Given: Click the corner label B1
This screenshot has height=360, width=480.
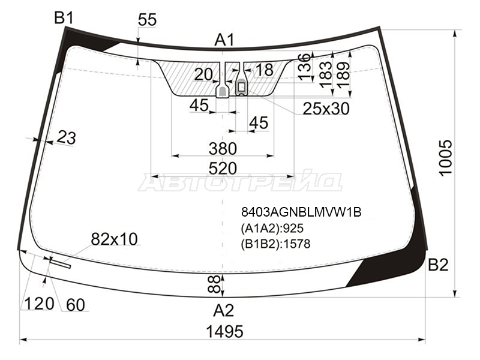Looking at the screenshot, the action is [64, 18].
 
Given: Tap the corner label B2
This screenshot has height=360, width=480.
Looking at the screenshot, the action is [438, 265].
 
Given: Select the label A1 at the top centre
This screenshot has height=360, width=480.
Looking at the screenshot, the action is [224, 40].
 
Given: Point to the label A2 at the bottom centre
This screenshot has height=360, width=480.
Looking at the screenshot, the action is [224, 310].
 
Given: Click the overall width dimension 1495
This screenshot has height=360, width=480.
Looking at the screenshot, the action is [224, 332].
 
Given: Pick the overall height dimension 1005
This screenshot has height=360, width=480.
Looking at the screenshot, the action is [446, 158].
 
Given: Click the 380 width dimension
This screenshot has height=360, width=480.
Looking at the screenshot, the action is [223, 149].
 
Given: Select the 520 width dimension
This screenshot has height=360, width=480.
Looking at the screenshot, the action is [223, 169].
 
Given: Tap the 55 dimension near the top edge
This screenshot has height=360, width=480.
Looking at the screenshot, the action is [147, 20].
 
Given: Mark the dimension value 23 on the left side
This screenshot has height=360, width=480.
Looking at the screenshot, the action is [67, 137].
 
